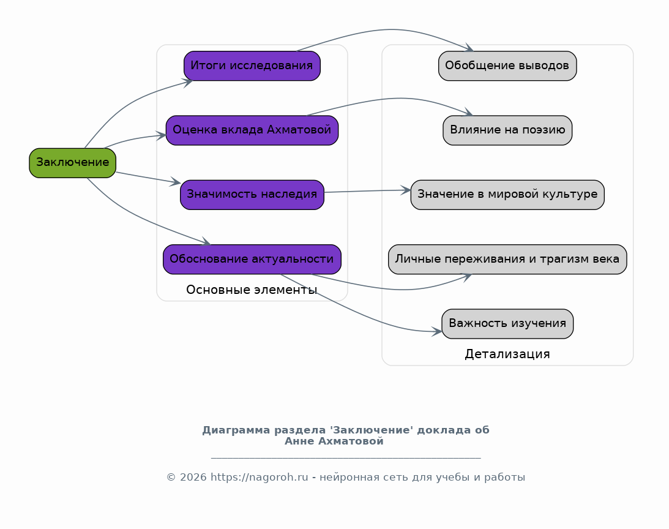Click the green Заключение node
pyautogui.click(x=72, y=163)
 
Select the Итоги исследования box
pyautogui.click(x=252, y=66)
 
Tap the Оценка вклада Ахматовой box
pyautogui.click(x=252, y=130)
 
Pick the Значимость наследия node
pyautogui.click(x=252, y=195)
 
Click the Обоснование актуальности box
pyautogui.click(x=252, y=259)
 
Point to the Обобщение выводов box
pyautogui.click(x=507, y=66)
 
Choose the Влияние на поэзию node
pyautogui.click(x=507, y=130)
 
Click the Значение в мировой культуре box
pyautogui.click(x=507, y=195)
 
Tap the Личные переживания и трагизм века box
pyautogui.click(x=507, y=259)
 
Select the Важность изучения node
pyautogui.click(x=507, y=324)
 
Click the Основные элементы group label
pyautogui.click(x=252, y=290)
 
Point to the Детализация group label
pyautogui.click(x=507, y=354)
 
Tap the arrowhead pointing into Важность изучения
pyautogui.click(x=437, y=332)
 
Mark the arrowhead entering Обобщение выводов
pyautogui.click(x=469, y=48)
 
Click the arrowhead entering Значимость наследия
pyautogui.click(x=176, y=182)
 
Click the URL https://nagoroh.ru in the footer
pyautogui.click(x=259, y=478)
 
